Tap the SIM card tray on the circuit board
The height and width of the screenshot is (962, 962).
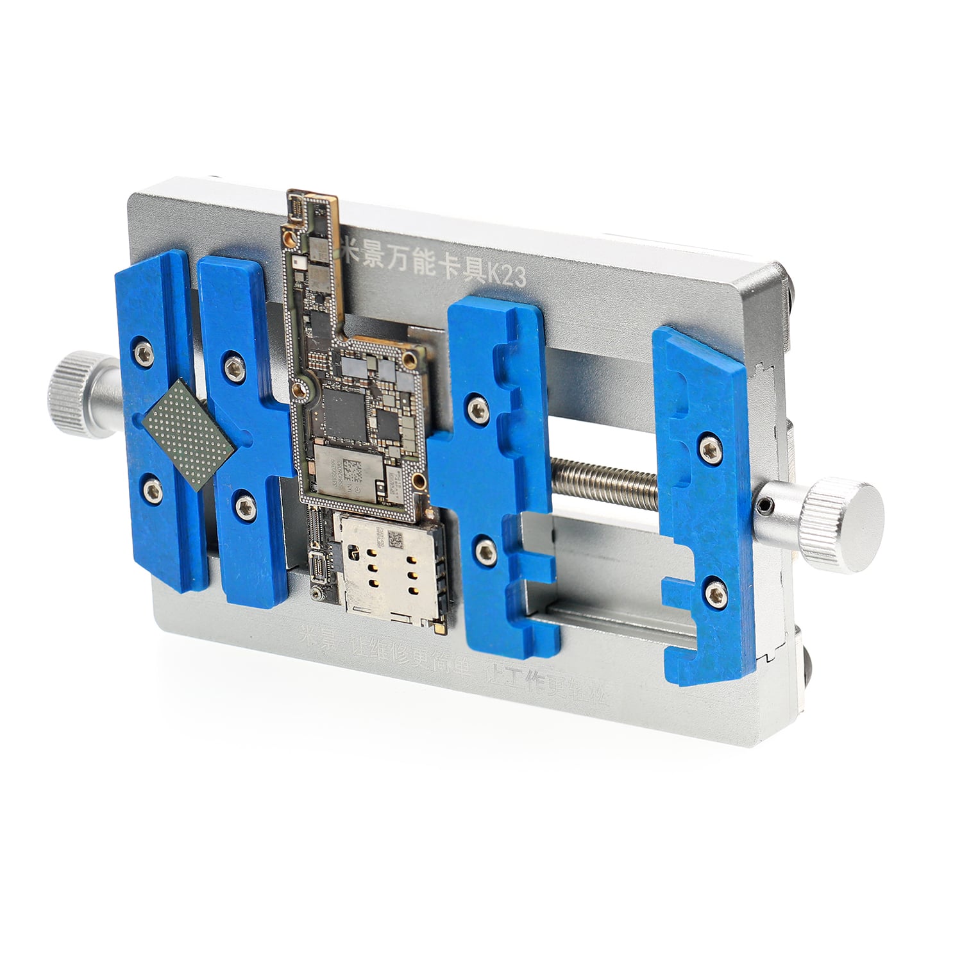click(389, 570)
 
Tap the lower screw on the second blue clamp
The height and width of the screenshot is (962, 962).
click(244, 507)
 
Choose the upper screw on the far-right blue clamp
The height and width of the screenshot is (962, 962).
click(709, 450)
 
